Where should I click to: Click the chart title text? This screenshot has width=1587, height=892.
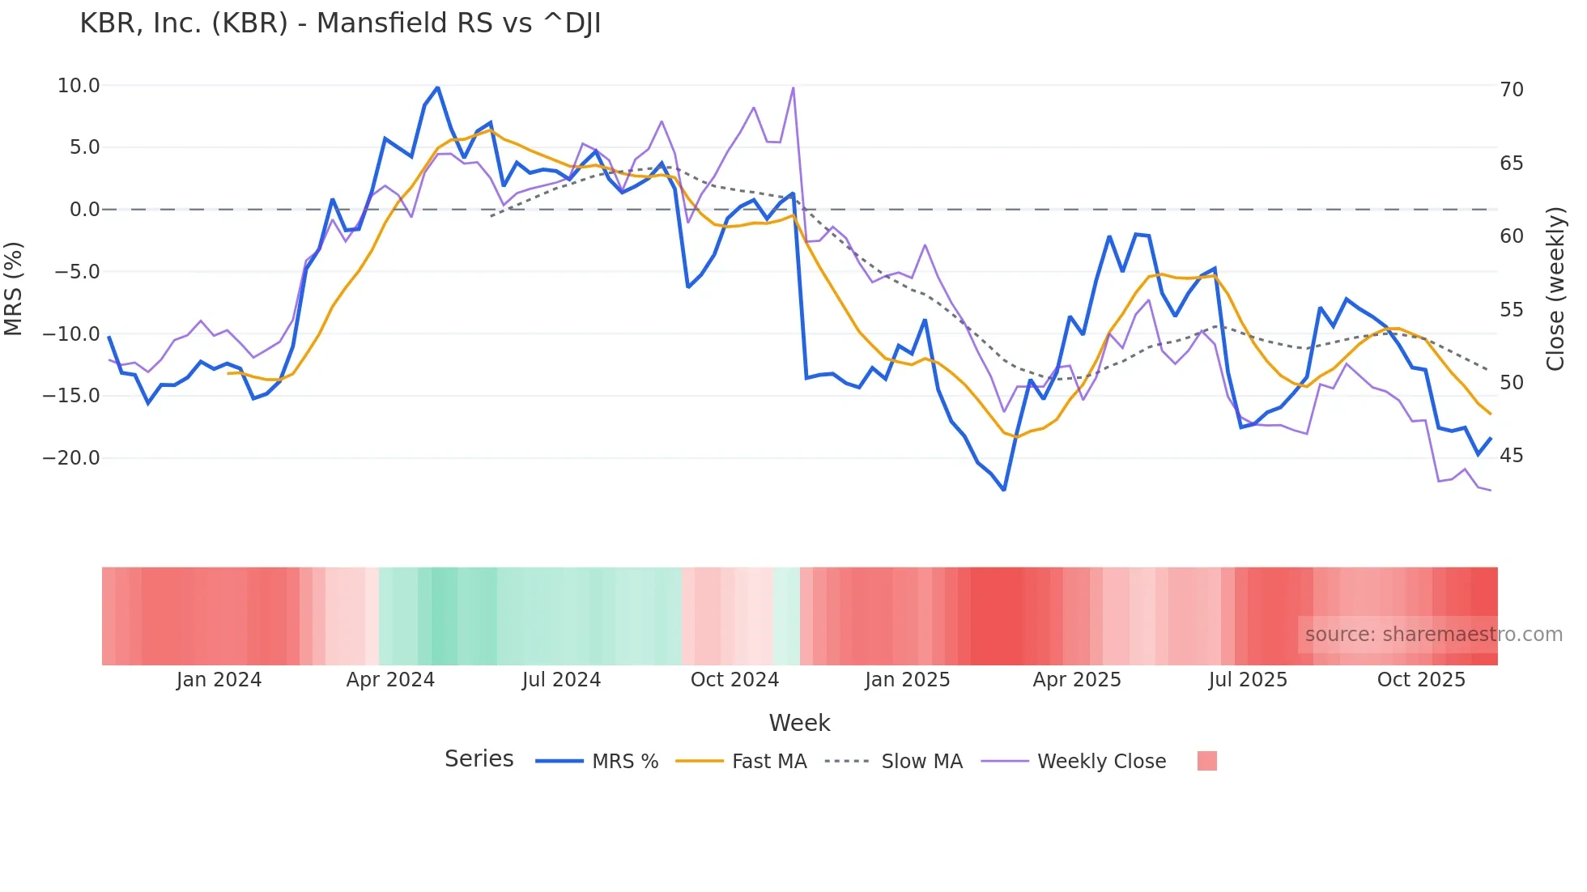(x=340, y=23)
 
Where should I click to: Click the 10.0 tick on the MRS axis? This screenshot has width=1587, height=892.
(x=79, y=86)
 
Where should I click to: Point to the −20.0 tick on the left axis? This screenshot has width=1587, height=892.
(x=71, y=458)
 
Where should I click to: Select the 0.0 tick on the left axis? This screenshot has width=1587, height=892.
(x=84, y=210)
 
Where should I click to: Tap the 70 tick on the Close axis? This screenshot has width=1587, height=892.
(x=1512, y=90)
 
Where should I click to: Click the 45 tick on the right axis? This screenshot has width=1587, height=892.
(x=1512, y=456)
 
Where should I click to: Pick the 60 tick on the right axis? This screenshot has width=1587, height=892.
(x=1512, y=236)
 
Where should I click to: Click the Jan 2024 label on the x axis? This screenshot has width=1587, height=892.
(x=219, y=680)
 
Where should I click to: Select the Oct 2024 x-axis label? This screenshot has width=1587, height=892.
(x=734, y=680)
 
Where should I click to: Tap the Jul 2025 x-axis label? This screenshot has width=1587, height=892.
(x=1248, y=680)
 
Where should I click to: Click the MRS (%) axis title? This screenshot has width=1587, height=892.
(x=14, y=288)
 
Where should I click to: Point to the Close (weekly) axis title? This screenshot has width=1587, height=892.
(x=1555, y=289)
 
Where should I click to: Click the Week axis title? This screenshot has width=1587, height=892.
(x=799, y=723)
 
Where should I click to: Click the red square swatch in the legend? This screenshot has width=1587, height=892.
(x=1206, y=761)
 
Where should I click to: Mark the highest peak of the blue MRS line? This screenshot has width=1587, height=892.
(x=437, y=87)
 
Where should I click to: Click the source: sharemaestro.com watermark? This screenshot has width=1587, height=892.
(x=1433, y=635)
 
